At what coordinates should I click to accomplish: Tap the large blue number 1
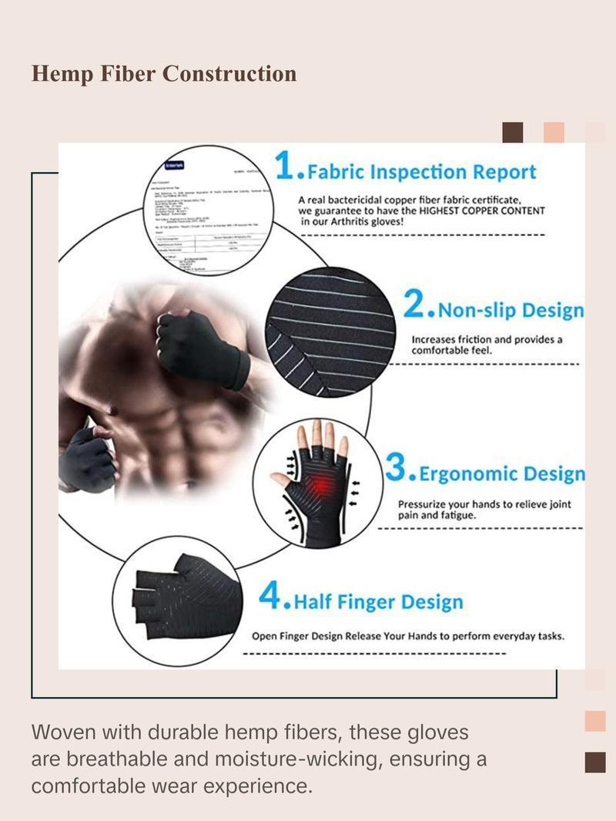click(x=285, y=167)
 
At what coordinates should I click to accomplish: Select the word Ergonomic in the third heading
click(x=466, y=473)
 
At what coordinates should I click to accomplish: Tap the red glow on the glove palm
click(x=314, y=486)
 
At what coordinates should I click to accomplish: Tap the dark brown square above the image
click(x=513, y=133)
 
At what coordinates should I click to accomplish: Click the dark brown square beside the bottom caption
click(x=595, y=762)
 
